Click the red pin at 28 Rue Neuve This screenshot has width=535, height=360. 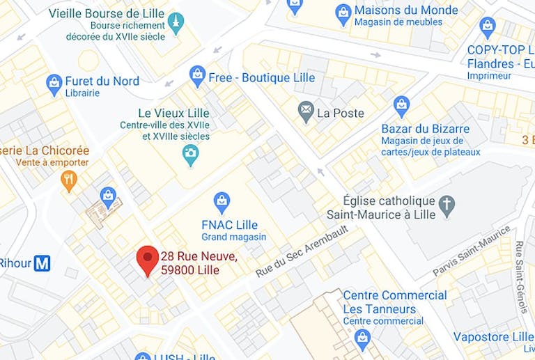[x=146, y=259]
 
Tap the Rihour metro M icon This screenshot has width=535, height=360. [x=42, y=263]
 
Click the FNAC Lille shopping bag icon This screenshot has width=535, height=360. [x=222, y=203]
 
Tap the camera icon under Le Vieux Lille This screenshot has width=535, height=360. [x=190, y=155]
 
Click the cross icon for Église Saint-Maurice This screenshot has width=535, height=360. [x=446, y=205]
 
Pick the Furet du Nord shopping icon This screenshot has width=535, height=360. [x=54, y=84]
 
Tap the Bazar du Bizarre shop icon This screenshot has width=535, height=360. [x=401, y=107]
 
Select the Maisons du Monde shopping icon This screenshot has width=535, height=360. [x=343, y=13]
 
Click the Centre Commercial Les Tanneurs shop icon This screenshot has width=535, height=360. [x=362, y=338]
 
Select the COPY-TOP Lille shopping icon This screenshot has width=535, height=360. [x=488, y=28]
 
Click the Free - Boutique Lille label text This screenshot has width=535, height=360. [x=261, y=77]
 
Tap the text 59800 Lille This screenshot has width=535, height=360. [x=189, y=270]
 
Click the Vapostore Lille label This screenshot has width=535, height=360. [x=493, y=337]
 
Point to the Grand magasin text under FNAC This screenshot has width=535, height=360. [x=233, y=237]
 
